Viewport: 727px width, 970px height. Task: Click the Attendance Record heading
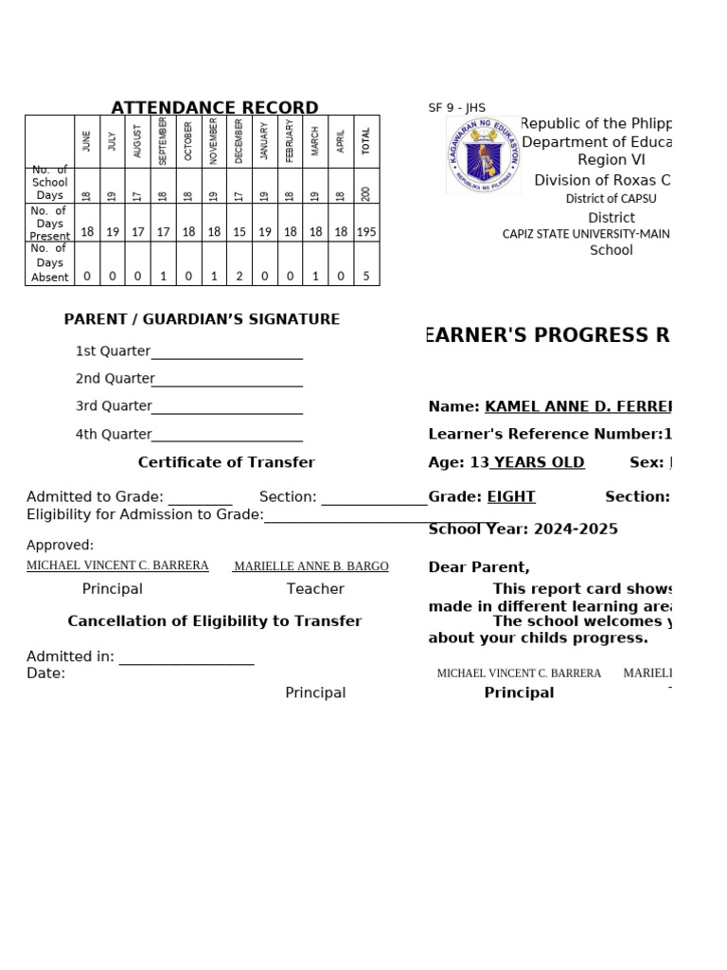coord(215,108)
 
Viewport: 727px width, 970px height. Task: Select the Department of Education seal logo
coord(483,154)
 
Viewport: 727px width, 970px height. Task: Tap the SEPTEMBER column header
coord(163,141)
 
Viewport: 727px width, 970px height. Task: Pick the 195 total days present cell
coord(366,232)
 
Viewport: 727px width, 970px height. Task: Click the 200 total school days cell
coord(366,193)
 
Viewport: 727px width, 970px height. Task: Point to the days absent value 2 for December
coord(239,277)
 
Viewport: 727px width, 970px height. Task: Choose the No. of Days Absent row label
coord(49,262)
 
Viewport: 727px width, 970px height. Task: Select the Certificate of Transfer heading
coord(226,462)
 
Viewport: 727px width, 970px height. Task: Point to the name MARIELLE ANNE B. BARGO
coord(310,566)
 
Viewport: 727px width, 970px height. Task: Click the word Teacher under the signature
coord(315,589)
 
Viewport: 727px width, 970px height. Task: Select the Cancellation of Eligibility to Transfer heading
coord(215,621)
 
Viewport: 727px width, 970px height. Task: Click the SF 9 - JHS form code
coord(456,108)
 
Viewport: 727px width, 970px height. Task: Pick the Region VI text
coord(611,160)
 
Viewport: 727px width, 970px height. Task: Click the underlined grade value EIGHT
coord(511,496)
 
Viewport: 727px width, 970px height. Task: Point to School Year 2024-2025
coord(523,529)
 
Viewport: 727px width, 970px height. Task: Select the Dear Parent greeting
coord(479,567)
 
